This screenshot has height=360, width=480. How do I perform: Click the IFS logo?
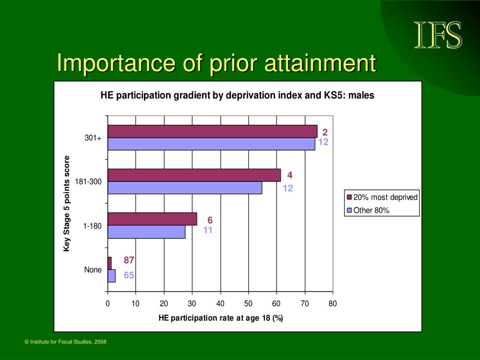click(x=438, y=35)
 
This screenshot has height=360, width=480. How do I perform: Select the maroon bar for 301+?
click(x=212, y=131)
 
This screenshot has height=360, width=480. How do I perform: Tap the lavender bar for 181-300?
click(x=185, y=187)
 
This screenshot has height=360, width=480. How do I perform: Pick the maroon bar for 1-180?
click(x=152, y=219)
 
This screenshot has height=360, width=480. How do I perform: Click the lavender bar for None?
click(x=112, y=276)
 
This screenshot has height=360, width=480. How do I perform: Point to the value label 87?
click(x=129, y=260)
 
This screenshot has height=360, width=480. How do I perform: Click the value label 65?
click(x=129, y=275)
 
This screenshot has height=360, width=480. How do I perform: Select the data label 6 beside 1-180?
click(x=210, y=220)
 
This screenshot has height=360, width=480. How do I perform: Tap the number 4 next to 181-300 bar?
click(x=290, y=175)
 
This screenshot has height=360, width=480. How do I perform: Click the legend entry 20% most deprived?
click(x=382, y=197)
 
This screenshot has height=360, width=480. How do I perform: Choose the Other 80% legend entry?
click(x=368, y=210)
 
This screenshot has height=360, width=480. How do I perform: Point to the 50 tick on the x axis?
click(x=248, y=303)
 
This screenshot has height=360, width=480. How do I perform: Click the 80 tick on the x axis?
click(x=333, y=303)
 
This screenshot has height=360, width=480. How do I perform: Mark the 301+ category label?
click(x=93, y=138)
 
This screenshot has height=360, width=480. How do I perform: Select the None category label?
click(x=93, y=270)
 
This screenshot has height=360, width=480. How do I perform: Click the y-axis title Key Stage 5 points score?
click(x=67, y=203)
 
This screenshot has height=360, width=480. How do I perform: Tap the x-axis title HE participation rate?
click(x=221, y=318)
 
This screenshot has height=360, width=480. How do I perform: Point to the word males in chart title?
click(x=361, y=95)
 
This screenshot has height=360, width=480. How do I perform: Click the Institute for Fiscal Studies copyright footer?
click(x=66, y=342)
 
